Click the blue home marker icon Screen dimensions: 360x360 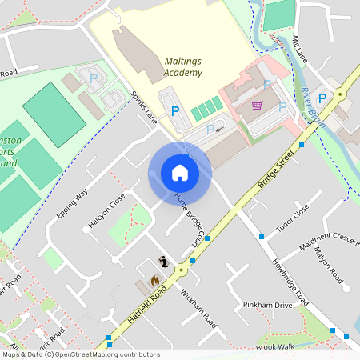[x=180, y=173]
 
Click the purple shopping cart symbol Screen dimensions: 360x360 [x=257, y=106]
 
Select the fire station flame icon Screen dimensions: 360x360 [x=154, y=280]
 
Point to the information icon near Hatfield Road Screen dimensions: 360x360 [x=164, y=261]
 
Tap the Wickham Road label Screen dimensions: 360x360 [x=199, y=307]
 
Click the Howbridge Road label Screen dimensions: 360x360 [x=290, y=282]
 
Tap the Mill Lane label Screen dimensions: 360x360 [x=300, y=50]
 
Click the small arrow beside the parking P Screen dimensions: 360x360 [x=219, y=127]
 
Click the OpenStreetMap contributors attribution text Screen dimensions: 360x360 [x=80, y=354]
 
